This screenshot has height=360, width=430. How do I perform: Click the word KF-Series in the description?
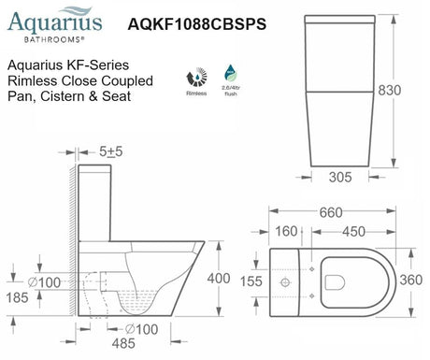coord(107,66)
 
